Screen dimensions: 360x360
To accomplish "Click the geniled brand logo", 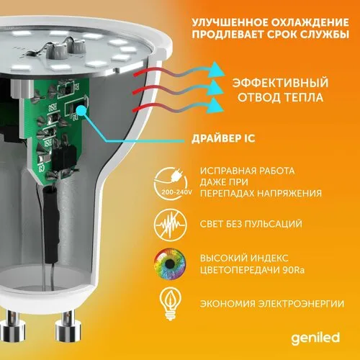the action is pyautogui.click(x=315, y=338).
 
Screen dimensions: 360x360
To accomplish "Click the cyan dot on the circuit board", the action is pyautogui.click(x=82, y=110).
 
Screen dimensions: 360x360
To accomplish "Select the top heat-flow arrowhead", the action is pyautogui.click(x=215, y=70).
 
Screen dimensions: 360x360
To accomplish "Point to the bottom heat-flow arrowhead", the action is pyautogui.click(x=215, y=105).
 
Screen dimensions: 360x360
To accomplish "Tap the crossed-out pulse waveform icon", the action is pyautogui.click(x=171, y=225).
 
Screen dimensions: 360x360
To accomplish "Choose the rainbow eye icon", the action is pyautogui.click(x=171, y=264).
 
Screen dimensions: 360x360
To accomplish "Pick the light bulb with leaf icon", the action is pyautogui.click(x=171, y=304).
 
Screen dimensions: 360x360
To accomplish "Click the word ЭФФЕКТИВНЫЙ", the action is pyautogui.click(x=280, y=83).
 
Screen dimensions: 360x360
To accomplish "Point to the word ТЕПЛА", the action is pyautogui.click(x=304, y=97).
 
